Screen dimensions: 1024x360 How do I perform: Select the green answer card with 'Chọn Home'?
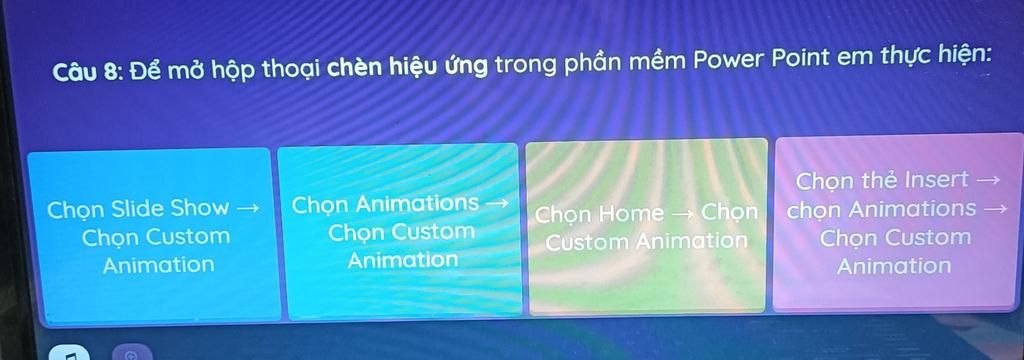click(647, 226)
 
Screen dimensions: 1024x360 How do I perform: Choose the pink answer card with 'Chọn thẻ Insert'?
click(895, 223)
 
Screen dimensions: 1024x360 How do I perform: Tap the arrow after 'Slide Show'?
click(248, 209)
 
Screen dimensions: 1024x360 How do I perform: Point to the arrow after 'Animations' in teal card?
click(495, 203)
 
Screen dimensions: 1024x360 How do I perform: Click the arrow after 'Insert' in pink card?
click(987, 180)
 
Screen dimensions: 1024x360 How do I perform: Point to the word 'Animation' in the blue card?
click(159, 265)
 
